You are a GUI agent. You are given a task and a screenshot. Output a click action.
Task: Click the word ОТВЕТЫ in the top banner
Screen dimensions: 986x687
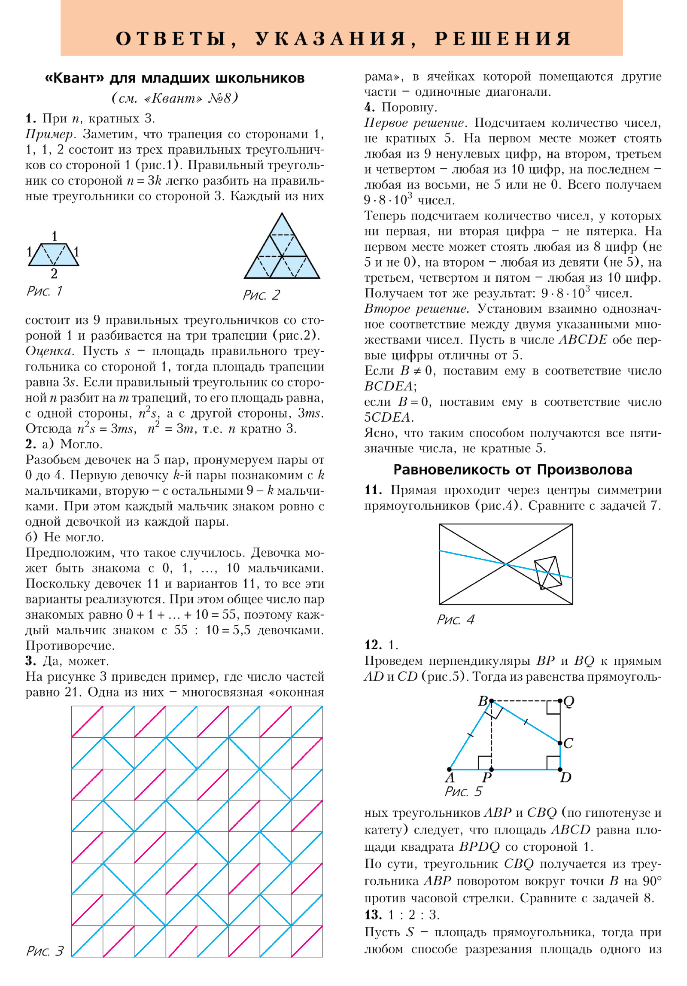171,39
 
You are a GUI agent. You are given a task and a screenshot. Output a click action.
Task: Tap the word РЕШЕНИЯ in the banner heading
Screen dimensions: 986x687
503,39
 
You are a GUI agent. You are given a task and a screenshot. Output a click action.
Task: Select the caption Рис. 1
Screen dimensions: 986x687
45,291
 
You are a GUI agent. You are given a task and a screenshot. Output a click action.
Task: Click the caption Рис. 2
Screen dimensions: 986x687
261,295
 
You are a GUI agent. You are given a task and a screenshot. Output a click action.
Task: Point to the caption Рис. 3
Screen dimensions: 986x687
45,951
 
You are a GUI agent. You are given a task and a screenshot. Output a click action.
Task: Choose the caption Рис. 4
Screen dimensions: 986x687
456,620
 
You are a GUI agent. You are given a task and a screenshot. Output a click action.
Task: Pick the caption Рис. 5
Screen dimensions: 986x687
463,791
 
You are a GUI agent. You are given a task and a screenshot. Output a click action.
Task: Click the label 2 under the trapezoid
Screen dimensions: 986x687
54,274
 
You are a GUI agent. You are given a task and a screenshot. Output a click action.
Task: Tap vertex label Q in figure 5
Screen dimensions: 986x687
569,702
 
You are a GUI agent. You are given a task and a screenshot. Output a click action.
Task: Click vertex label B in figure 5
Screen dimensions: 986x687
483,701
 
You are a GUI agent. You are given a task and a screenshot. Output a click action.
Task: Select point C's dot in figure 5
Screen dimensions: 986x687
560,743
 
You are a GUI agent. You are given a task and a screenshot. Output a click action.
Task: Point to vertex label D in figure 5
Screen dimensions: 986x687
565,777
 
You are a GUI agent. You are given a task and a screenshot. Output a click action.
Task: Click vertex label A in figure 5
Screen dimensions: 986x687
450,778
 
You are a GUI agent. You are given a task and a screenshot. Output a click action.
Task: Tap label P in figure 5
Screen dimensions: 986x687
487,778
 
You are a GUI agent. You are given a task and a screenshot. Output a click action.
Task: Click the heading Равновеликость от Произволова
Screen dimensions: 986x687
513,470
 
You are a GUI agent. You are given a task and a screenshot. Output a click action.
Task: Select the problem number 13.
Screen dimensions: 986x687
373,915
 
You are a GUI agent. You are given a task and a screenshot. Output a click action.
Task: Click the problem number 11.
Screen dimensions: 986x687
373,490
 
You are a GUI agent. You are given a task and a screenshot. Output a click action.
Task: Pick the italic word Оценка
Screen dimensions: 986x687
49,351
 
